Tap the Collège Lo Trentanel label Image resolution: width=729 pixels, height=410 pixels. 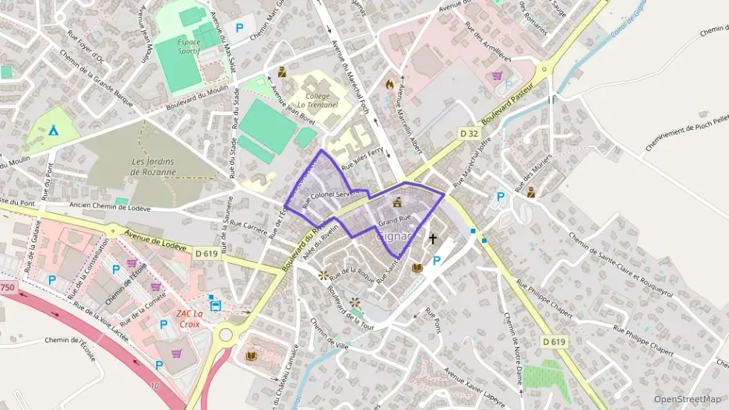click(x=312, y=100)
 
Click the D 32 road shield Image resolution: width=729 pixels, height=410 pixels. click(x=468, y=134)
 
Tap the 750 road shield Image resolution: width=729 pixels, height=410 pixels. click(x=7, y=287)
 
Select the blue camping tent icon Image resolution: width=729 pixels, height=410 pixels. click(x=53, y=131)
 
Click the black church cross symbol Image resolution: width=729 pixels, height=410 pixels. click(x=433, y=239)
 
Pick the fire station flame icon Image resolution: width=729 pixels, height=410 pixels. click(x=390, y=83)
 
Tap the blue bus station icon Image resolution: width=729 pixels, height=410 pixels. click(x=215, y=305)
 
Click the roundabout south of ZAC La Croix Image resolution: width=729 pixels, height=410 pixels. click(x=227, y=335)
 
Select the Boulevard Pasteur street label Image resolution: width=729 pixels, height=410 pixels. click(x=510, y=103)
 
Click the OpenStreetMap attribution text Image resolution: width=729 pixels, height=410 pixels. click(x=687, y=399)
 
